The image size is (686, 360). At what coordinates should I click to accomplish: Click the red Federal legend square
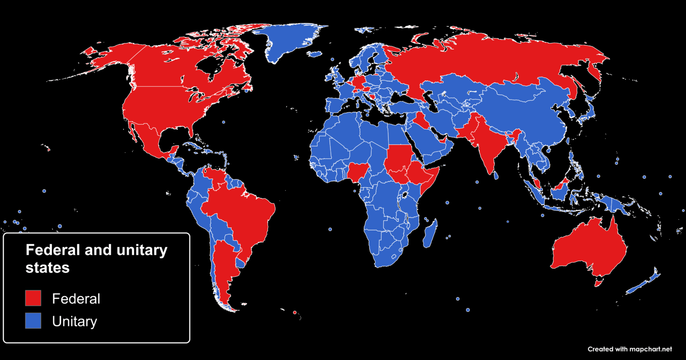tap(33, 298)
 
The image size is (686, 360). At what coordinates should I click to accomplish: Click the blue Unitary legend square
tap(33, 321)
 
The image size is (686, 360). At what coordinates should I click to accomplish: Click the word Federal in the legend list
tap(76, 298)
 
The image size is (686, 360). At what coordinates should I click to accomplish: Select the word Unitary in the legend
tap(75, 321)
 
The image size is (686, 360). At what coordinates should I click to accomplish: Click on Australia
tap(590, 250)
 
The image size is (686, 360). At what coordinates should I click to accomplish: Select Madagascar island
tap(430, 234)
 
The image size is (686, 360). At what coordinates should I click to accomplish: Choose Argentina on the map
tap(223, 268)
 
